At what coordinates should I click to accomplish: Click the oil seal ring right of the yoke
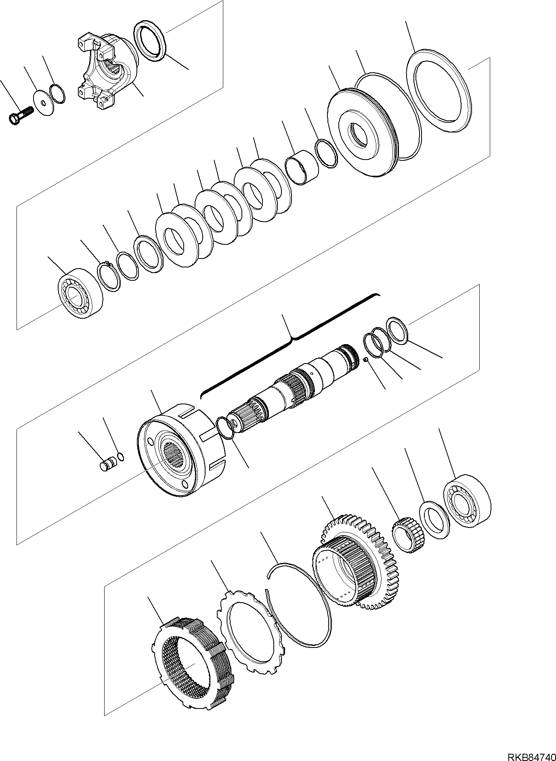(x=149, y=42)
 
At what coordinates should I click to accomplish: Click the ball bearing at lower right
(x=467, y=502)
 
